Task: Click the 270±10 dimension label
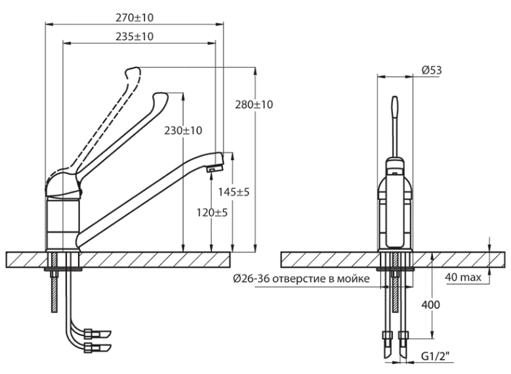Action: [134, 18]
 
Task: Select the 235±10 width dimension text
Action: [134, 36]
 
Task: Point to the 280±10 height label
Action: [254, 105]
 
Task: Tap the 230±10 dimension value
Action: [183, 131]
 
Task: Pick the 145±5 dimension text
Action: [234, 192]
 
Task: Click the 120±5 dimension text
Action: [212, 213]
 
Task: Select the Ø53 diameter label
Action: [432, 70]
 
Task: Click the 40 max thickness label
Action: [463, 278]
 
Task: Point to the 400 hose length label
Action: [431, 305]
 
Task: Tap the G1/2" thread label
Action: [435, 356]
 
